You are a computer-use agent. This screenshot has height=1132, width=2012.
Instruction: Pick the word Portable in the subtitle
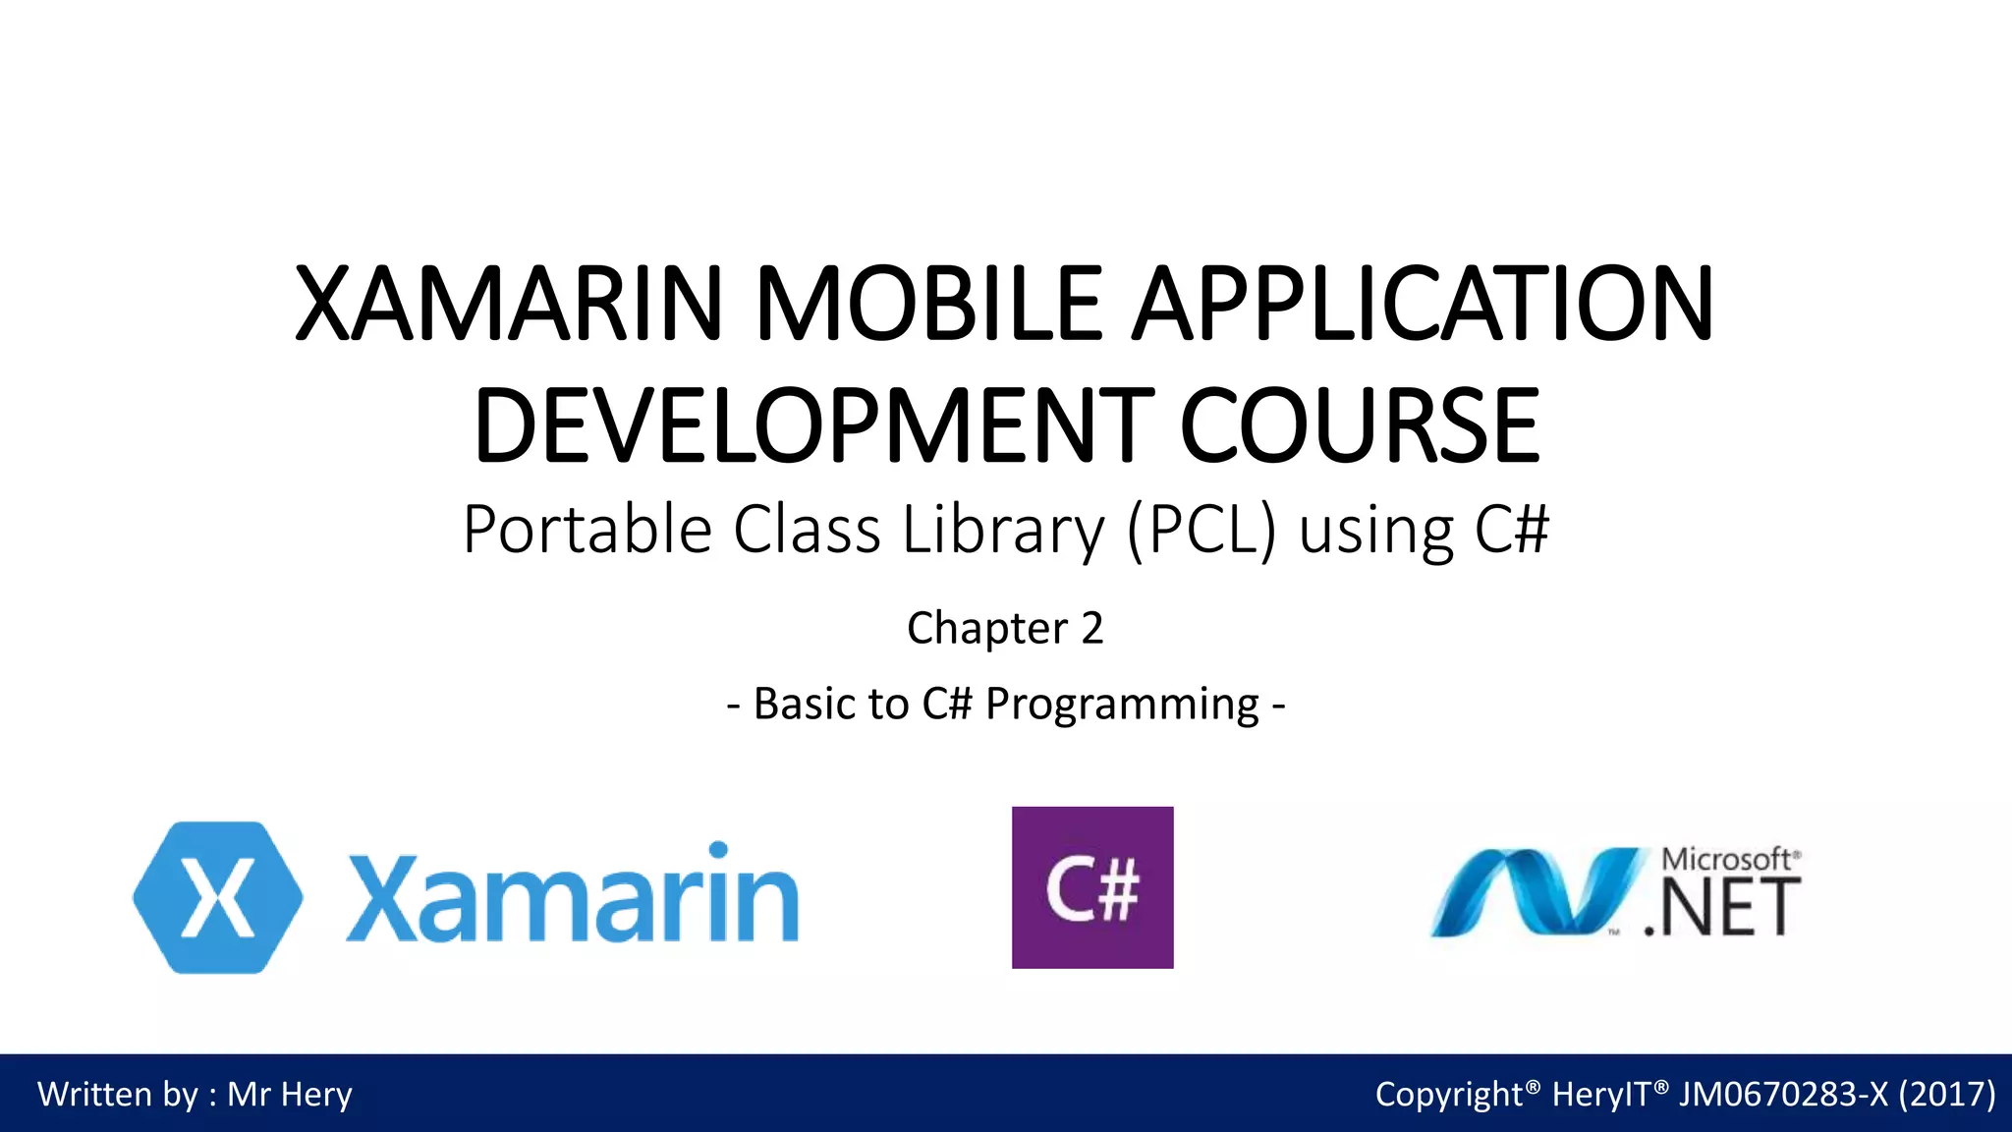pyautogui.click(x=587, y=531)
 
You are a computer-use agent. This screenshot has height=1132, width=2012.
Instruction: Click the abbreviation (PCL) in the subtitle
pyautogui.click(x=1202, y=531)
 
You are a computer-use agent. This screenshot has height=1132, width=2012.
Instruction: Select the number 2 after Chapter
pyautogui.click(x=1091, y=628)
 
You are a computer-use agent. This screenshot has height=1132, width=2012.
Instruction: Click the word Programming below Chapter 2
pyautogui.click(x=1122, y=705)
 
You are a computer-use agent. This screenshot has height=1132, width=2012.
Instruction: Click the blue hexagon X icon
pyautogui.click(x=218, y=897)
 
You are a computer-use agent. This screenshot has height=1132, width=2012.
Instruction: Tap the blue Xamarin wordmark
pyautogui.click(x=573, y=894)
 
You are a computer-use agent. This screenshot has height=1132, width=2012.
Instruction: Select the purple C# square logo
pyautogui.click(x=1092, y=887)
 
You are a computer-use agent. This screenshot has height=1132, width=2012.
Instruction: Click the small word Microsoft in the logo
pyautogui.click(x=1726, y=859)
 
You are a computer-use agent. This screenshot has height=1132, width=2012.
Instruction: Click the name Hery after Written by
pyautogui.click(x=316, y=1095)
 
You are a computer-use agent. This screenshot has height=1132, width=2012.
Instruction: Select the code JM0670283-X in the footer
pyautogui.click(x=1782, y=1095)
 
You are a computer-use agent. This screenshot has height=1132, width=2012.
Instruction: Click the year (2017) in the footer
pyautogui.click(x=1947, y=1095)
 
